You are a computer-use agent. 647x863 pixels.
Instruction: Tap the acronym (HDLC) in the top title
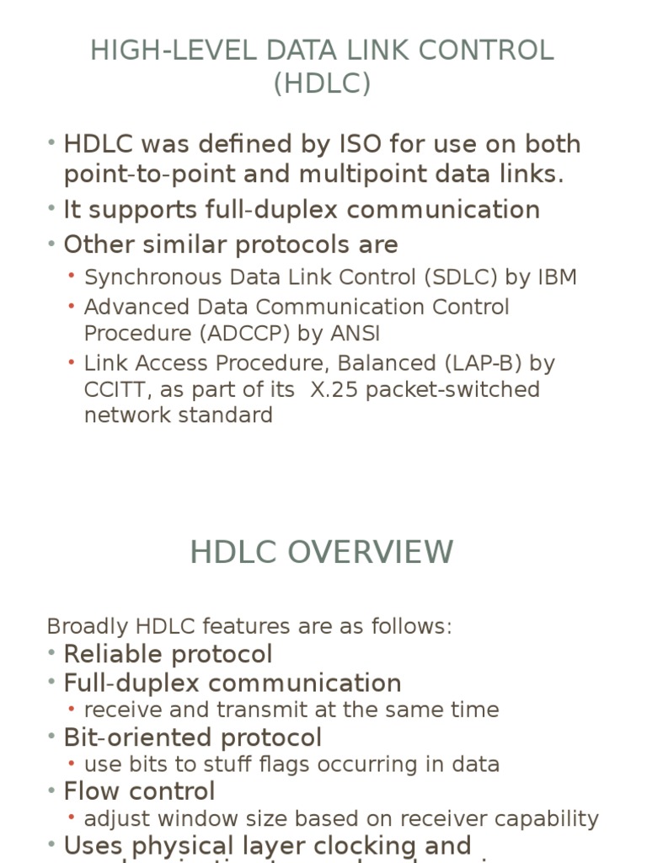323,84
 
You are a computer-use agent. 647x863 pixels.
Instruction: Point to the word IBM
556,277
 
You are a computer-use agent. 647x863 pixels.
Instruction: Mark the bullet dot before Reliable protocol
52,653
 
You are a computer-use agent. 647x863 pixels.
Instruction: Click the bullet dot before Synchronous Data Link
73,276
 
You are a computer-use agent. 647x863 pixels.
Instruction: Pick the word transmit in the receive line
254,710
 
